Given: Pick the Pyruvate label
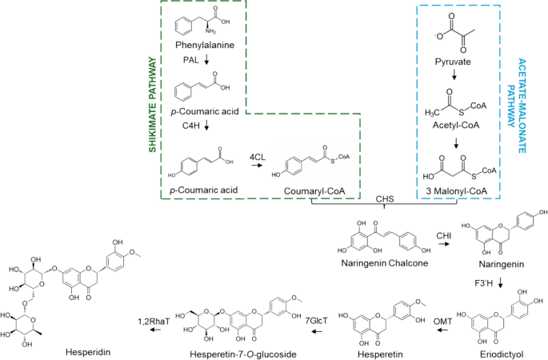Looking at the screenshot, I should click(x=455, y=60).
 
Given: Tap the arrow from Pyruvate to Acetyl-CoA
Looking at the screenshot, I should click(x=454, y=75).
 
